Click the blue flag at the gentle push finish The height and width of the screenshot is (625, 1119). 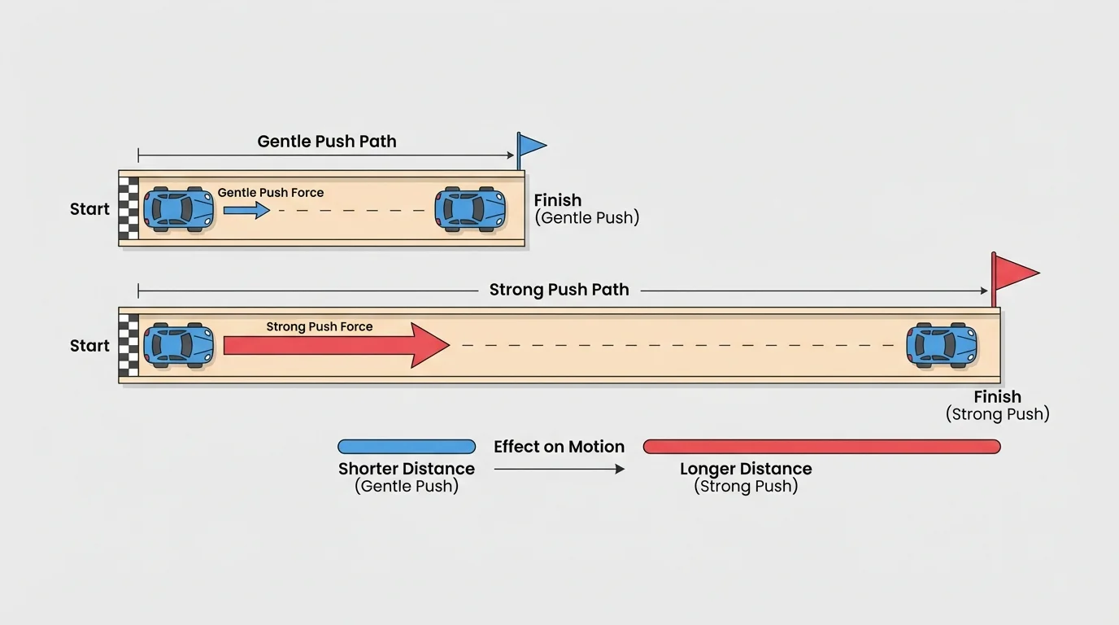click(532, 146)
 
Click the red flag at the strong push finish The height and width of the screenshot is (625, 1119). click(1015, 272)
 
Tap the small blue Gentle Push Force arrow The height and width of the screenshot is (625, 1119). click(246, 211)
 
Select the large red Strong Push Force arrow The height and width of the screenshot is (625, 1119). click(336, 345)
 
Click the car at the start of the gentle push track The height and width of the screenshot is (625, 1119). click(179, 209)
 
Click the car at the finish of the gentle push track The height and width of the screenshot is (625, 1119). click(470, 209)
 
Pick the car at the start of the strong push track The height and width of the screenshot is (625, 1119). click(179, 345)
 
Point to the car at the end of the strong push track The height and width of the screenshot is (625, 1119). click(942, 345)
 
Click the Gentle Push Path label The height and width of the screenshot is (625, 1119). click(327, 142)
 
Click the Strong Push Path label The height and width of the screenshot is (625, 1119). click(559, 291)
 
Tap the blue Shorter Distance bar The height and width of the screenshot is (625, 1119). click(407, 447)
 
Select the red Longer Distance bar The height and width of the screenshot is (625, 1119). click(821, 447)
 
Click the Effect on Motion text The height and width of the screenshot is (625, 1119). click(559, 447)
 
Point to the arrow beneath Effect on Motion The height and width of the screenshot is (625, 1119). click(559, 469)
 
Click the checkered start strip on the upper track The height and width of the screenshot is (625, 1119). click(128, 210)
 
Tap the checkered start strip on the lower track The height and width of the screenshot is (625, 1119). click(128, 346)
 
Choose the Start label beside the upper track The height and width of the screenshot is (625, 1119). click(89, 209)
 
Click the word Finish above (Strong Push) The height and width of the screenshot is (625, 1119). click(997, 397)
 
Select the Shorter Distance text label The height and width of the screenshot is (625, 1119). click(407, 469)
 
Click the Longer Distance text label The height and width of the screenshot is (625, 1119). click(746, 469)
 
